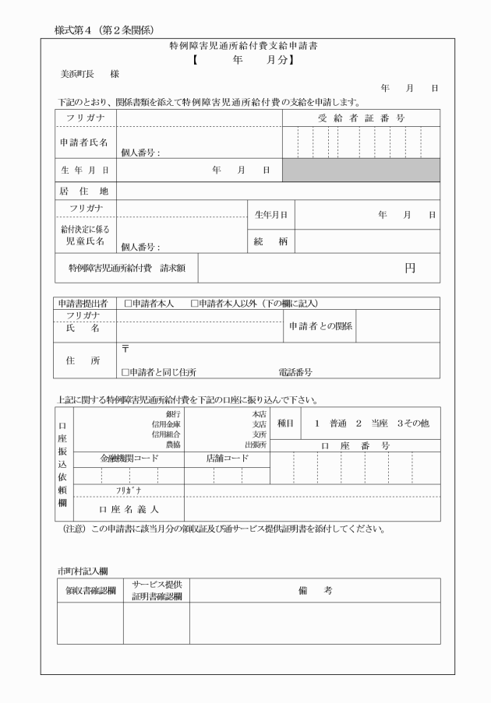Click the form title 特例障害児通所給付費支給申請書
pos(243,46)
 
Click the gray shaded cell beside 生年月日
pos(360,169)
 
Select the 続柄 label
pos(270,242)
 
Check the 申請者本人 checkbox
pos(126,304)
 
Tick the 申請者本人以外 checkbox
pos(195,304)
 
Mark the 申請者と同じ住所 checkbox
pos(125,372)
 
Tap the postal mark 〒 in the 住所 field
pos(125,350)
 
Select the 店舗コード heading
pos(226,458)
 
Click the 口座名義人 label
pos(129,508)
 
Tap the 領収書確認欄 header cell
pos(90,591)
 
